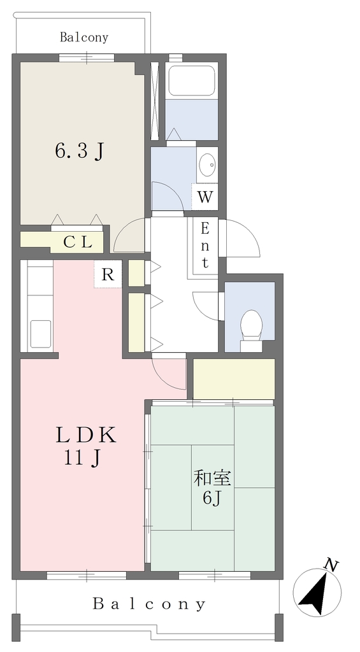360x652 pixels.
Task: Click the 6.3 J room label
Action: click(x=79, y=152)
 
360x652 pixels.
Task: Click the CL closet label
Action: click(x=77, y=242)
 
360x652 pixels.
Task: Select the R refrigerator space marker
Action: click(x=108, y=274)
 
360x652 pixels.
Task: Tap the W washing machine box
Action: click(x=205, y=197)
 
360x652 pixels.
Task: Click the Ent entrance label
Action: click(x=205, y=245)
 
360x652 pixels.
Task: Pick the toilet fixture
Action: click(x=252, y=325)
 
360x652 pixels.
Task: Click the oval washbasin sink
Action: click(x=207, y=165)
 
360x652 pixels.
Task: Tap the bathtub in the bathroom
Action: click(x=191, y=81)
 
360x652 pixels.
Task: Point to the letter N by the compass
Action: click(x=331, y=565)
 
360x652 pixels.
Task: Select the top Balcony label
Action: click(x=84, y=38)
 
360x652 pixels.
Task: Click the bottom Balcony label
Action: click(x=149, y=604)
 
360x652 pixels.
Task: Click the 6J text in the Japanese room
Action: click(x=211, y=498)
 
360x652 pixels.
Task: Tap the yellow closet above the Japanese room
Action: click(x=234, y=379)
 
